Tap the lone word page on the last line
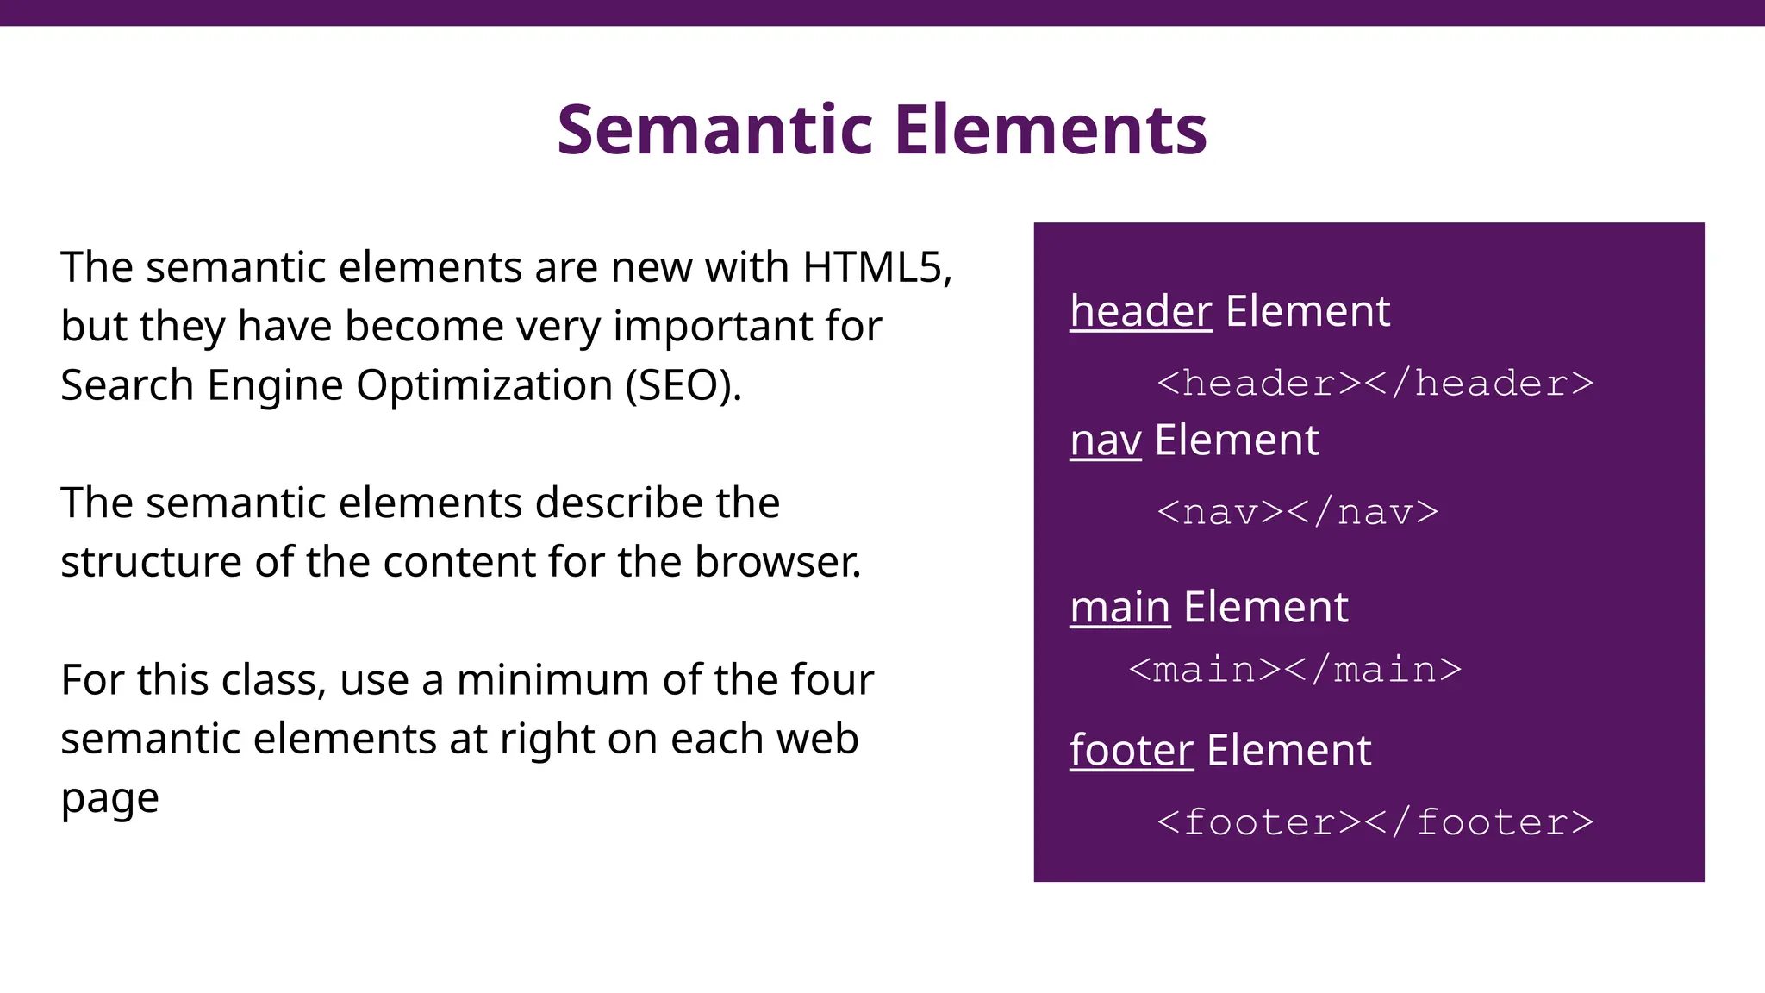[109, 799]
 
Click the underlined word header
[1140, 311]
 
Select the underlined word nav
[1105, 440]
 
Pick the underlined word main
[1119, 608]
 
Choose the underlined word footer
[1131, 751]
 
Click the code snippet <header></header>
[1375, 384]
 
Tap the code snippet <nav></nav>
[1297, 513]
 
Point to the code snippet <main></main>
[1294, 670]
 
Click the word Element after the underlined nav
[1236, 440]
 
